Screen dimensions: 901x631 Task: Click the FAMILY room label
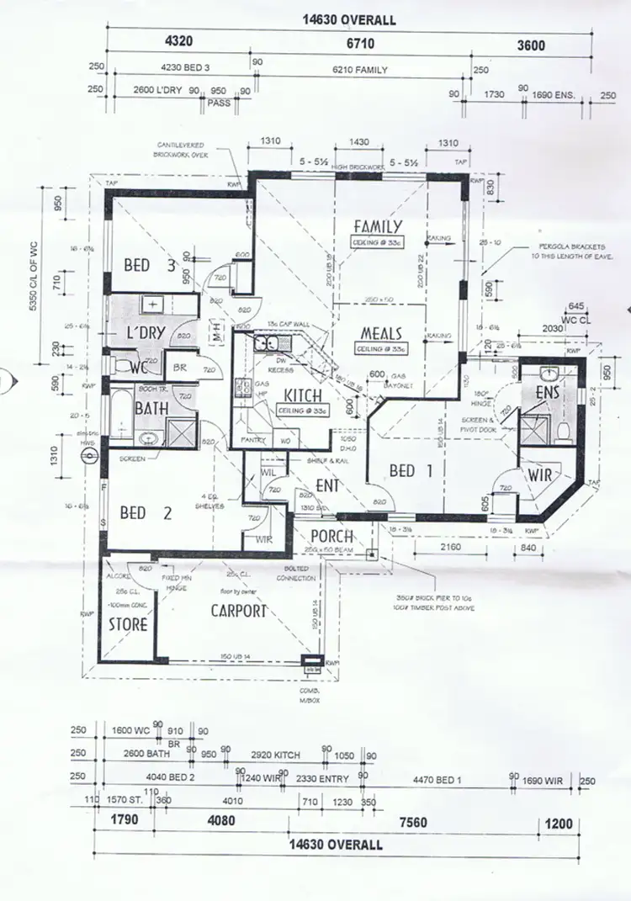378,226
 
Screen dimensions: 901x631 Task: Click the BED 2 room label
146,512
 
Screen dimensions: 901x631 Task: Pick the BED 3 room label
148,265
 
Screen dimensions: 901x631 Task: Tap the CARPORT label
238,611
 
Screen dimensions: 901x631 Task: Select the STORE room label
128,625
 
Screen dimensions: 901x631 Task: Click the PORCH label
331,537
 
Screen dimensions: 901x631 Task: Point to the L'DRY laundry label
145,333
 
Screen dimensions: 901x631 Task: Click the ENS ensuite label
548,394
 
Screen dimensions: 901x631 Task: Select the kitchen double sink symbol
271,344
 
